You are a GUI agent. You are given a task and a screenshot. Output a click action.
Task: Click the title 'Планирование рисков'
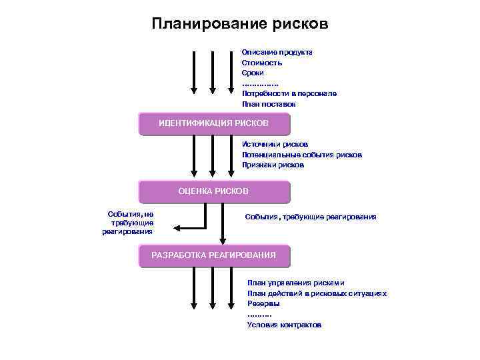240,25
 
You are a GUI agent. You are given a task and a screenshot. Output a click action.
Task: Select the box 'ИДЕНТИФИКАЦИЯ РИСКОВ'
213,123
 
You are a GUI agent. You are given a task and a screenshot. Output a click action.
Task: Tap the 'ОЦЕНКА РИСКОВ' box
213,191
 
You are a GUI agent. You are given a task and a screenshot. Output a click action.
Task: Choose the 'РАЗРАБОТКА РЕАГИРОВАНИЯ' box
213,255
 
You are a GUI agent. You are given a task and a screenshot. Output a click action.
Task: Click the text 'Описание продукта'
277,52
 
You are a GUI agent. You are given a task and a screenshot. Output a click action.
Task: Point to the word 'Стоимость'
262,63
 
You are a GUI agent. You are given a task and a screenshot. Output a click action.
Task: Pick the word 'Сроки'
253,73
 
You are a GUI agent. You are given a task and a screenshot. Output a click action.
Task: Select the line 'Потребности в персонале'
289,94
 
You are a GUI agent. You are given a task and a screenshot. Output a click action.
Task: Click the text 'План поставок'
269,105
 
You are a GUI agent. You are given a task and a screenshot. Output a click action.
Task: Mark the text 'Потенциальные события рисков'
302,155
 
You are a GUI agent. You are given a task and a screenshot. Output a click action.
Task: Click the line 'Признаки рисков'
273,165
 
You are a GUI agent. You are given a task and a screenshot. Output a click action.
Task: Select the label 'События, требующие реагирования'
311,217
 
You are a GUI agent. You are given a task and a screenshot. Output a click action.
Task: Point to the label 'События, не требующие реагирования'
129,223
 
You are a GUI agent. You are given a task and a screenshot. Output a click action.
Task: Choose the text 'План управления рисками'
296,283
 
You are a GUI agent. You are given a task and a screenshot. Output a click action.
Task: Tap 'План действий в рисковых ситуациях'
317,293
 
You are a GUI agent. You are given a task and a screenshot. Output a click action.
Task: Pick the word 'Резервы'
263,303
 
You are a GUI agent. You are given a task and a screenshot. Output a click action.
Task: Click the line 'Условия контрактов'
284,325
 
